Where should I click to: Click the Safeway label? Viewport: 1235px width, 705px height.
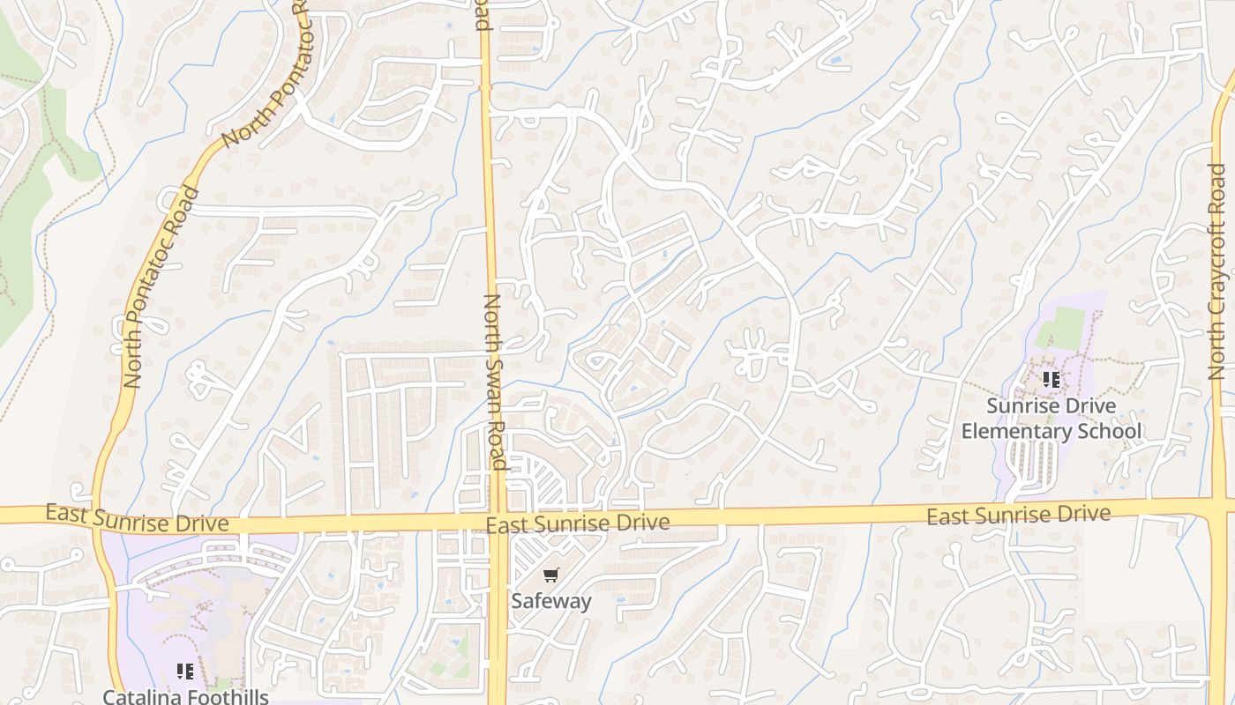point(551,601)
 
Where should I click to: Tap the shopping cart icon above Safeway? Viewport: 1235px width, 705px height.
point(551,575)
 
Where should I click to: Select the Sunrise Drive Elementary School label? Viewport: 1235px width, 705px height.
point(1051,419)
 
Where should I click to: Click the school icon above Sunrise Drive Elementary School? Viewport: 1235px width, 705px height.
point(1051,380)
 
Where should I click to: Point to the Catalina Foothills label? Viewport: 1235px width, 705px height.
point(185,696)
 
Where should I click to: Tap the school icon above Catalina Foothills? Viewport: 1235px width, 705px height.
point(185,672)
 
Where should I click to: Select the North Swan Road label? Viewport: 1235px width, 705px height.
point(493,381)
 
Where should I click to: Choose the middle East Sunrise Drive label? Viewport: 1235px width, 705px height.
point(577,523)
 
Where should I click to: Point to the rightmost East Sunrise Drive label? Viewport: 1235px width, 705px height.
point(1018,514)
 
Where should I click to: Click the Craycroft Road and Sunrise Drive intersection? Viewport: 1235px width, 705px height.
point(1219,508)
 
